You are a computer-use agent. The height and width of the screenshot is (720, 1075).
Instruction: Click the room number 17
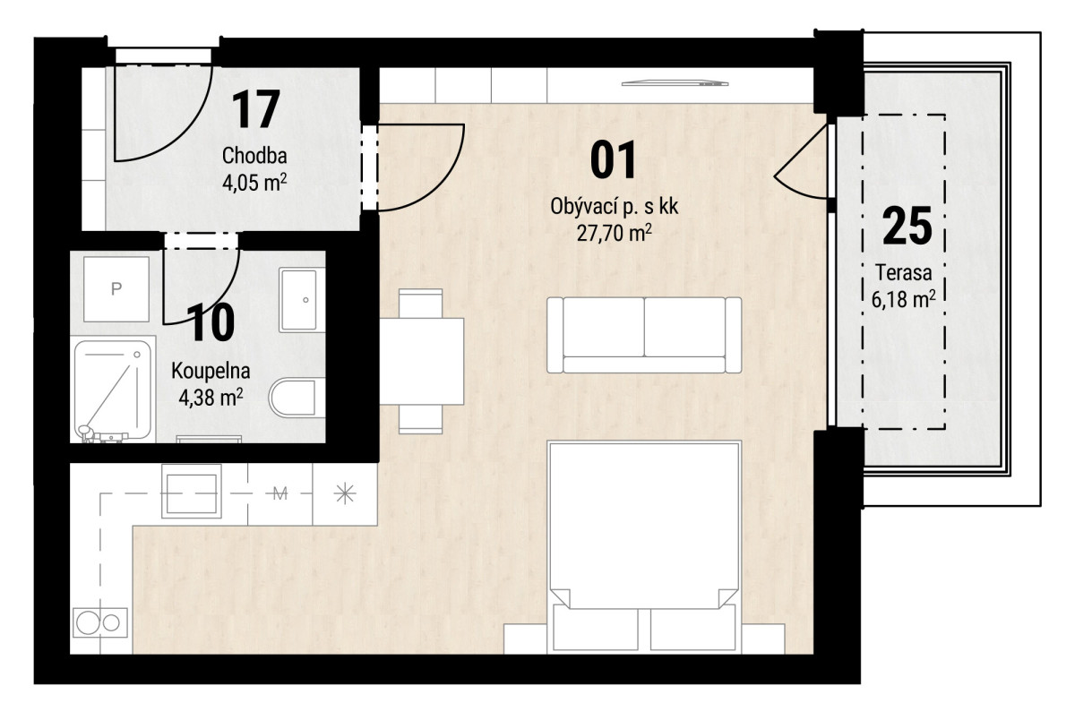[256, 110]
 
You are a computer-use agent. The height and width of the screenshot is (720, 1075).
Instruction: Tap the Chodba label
[254, 156]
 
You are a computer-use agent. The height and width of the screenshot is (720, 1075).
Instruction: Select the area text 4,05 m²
[254, 183]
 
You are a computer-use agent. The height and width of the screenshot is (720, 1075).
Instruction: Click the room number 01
[614, 160]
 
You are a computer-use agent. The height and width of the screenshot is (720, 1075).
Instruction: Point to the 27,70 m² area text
[614, 233]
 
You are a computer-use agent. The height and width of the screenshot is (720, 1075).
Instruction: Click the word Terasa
[904, 272]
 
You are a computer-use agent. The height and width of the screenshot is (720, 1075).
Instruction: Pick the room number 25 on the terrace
[907, 226]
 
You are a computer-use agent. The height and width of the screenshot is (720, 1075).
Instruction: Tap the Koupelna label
[211, 371]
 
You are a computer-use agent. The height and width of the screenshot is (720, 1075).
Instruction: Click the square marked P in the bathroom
[116, 288]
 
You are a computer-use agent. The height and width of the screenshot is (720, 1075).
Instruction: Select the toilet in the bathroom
[292, 398]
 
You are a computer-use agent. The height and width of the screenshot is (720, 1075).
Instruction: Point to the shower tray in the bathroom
[113, 391]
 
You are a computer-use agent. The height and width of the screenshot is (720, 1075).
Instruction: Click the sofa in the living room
[644, 335]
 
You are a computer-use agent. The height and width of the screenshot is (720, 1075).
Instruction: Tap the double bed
[644, 547]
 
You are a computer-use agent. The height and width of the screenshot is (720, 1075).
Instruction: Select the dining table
[422, 361]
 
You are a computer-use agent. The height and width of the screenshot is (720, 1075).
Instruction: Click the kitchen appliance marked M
[279, 493]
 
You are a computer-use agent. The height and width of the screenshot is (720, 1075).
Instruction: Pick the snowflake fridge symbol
[345, 493]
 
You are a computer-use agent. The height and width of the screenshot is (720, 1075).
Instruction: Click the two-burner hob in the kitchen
[100, 622]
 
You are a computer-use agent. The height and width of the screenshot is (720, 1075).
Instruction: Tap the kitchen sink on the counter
[192, 491]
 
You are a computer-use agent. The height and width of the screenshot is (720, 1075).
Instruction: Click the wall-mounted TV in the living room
[675, 83]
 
